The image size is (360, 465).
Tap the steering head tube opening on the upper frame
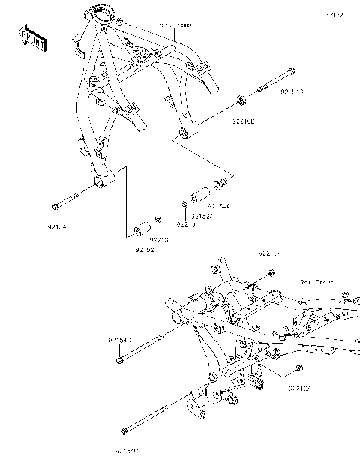point(100,13)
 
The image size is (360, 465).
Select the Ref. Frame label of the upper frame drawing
point(174,25)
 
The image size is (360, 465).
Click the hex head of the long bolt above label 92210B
point(291,75)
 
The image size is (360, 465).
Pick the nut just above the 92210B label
point(240,98)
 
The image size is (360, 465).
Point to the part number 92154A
point(219,205)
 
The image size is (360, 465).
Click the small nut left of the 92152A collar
point(183,204)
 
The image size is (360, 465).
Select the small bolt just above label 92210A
point(299,367)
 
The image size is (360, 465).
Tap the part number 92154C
point(119,340)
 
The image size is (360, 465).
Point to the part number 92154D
point(127,451)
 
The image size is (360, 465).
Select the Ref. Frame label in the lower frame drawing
point(316,283)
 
